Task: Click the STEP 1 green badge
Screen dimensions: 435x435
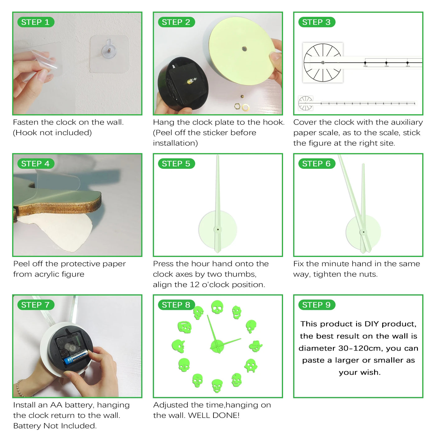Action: pos(36,22)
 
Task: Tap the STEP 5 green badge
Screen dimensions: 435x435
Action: pos(176,163)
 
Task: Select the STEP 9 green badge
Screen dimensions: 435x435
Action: pos(317,305)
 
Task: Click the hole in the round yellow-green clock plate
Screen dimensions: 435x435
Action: pos(244,49)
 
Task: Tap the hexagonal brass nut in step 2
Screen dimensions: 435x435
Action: pos(237,106)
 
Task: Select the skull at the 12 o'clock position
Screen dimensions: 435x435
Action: pos(217,307)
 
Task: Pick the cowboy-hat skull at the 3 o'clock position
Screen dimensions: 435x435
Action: pos(255,346)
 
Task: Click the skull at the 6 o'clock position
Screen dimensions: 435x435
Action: pos(217,386)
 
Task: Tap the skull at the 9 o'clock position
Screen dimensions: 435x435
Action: pos(178,346)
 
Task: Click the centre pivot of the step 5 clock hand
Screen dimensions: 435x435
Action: pos(218,229)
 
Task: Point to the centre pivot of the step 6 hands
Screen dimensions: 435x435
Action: pos(364,232)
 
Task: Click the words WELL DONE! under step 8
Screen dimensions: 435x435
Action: pos(214,415)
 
